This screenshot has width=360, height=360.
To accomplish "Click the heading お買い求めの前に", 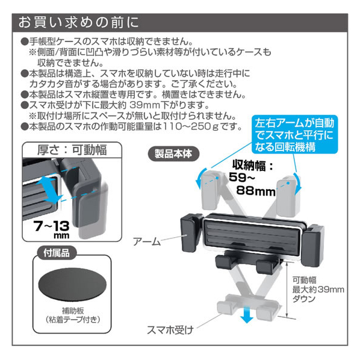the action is (78, 22).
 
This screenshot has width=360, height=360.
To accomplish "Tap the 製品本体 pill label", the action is (173, 154).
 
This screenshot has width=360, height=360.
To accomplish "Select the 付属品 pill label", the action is (57, 253).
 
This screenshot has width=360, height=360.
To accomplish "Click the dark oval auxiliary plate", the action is (72, 285).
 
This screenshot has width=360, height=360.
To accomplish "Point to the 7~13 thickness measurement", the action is (51, 226).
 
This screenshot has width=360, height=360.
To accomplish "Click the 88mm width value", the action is (256, 191).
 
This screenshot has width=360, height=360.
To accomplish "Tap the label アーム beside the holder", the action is (147, 241).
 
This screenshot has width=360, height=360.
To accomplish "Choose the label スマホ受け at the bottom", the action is (170, 330).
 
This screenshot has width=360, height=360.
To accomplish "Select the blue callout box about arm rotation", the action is (294, 134).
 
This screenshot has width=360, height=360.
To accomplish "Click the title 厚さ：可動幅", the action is (72, 150).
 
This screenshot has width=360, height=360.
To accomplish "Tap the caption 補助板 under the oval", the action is (73, 311).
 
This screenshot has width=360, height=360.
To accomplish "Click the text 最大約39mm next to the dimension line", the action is (318, 290).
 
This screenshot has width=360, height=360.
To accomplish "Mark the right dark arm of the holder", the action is (312, 246).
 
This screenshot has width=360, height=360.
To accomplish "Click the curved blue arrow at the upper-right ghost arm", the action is (298, 183).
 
